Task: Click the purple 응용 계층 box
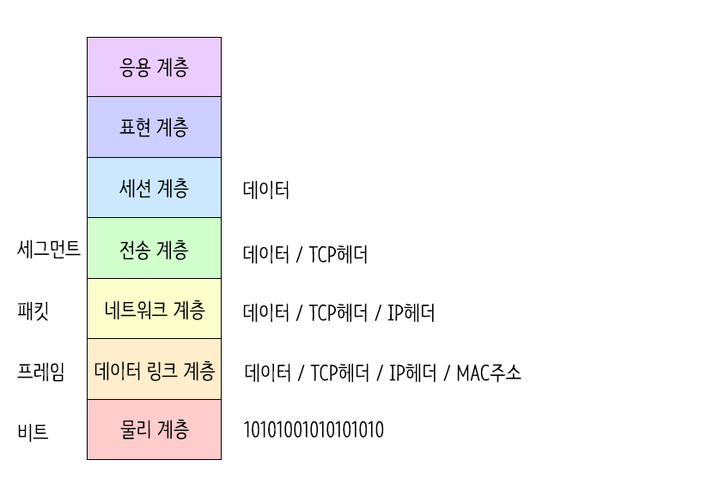(154, 67)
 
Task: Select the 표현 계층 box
(154, 127)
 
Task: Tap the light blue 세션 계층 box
(154, 188)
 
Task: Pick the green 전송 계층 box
(154, 249)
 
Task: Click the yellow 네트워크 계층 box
(154, 309)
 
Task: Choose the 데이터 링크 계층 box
(154, 370)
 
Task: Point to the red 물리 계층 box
(154, 430)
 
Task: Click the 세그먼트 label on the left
(49, 249)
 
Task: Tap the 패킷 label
(33, 310)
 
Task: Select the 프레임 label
(40, 372)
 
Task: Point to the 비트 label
(33, 432)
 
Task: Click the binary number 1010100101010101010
(314, 430)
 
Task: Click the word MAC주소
(489, 372)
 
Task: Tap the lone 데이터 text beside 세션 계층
(266, 190)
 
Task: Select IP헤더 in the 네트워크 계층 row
(411, 313)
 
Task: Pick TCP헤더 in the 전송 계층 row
(338, 254)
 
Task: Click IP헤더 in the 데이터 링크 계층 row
(411, 372)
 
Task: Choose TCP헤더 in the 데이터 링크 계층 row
(338, 372)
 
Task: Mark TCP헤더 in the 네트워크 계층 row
(338, 313)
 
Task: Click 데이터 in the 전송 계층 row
(266, 254)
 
